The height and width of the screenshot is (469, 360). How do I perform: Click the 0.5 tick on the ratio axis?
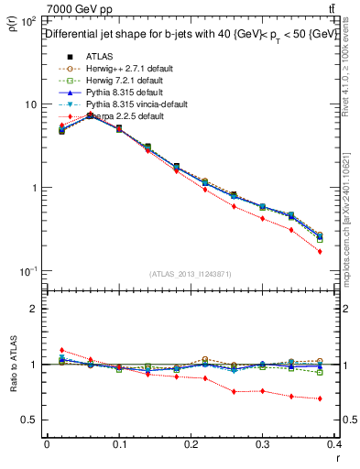pyautogui.click(x=31, y=420)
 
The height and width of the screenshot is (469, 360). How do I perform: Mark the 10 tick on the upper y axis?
pyautogui.click(x=29, y=104)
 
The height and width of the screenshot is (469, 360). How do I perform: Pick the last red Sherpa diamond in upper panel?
pyautogui.click(x=320, y=251)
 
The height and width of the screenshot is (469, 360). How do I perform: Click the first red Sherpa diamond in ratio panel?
pyautogui.click(x=61, y=350)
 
